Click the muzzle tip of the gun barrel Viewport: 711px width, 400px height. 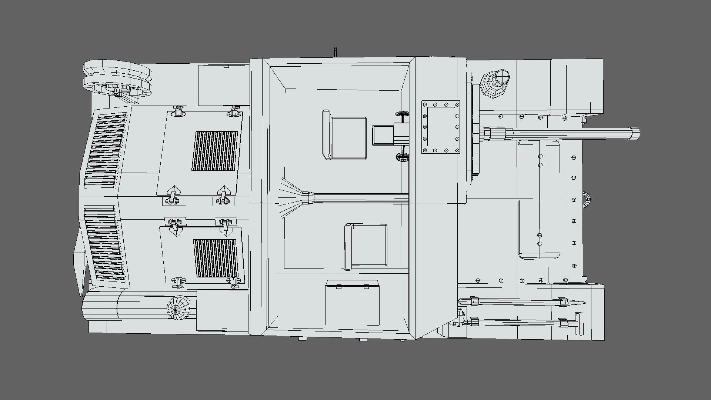pos(636,133)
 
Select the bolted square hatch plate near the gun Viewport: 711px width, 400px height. pos(440,127)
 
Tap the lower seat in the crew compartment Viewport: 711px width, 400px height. pos(366,246)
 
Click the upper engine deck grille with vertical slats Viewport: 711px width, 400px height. pos(214,151)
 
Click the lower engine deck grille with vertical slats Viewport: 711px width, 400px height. pos(216,258)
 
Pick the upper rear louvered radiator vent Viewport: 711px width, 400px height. pos(106,150)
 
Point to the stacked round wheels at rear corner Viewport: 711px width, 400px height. pos(118,79)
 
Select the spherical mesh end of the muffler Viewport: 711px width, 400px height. pos(178,307)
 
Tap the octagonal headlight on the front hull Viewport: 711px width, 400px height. pos(495,83)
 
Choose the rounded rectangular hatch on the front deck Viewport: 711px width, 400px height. pos(539,199)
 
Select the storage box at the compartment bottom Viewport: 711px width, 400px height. pos(352,303)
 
